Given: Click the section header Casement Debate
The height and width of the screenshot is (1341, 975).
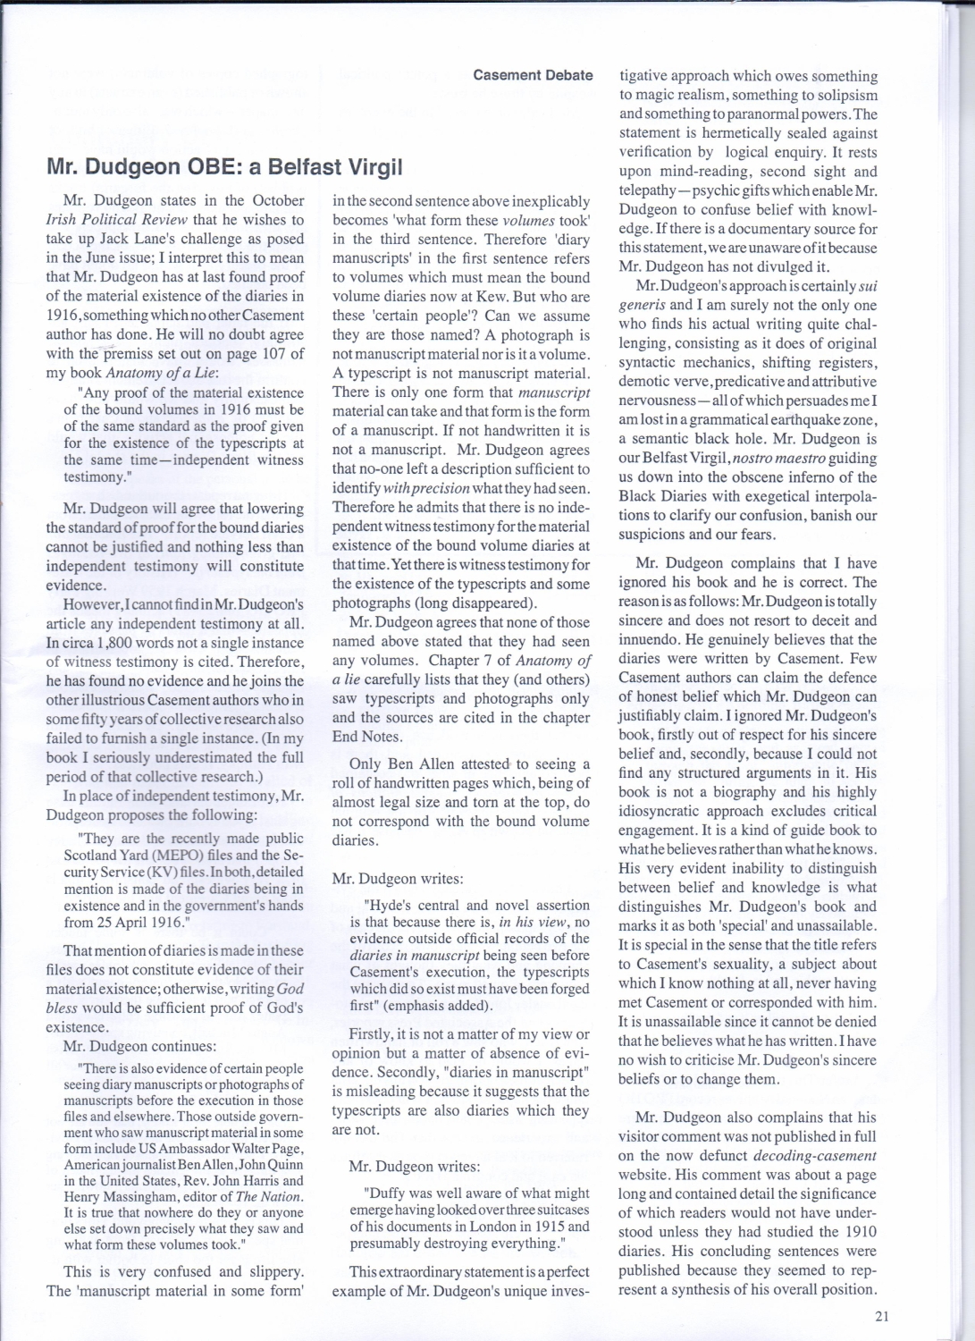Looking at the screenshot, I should [x=533, y=75].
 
